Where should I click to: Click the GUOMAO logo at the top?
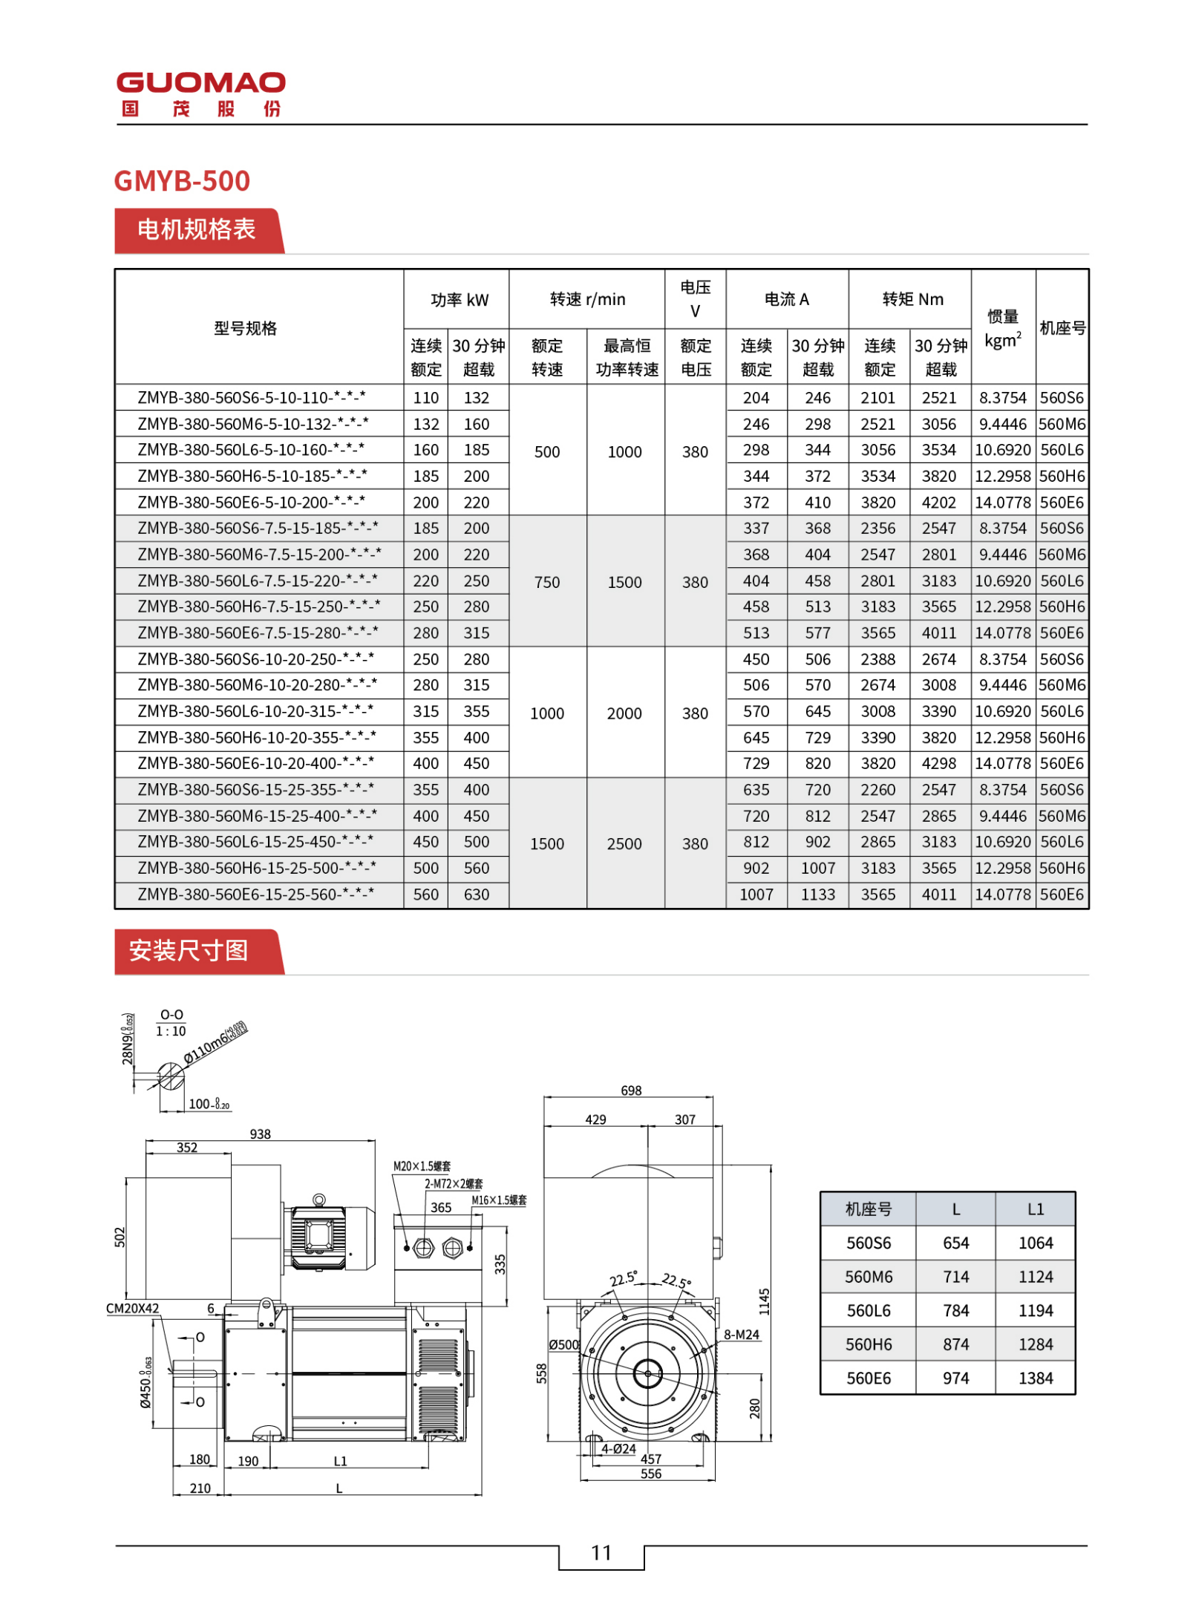pos(200,94)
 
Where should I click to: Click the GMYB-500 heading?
pos(182,180)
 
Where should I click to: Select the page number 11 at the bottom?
pos(601,1551)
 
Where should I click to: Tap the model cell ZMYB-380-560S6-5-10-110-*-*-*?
pos(251,397)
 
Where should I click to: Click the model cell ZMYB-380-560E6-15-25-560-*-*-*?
pos(255,894)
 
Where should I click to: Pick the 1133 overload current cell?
pos(817,894)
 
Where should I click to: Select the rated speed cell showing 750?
pos(546,582)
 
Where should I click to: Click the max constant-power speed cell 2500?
pos(624,843)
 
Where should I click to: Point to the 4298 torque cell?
pos(938,763)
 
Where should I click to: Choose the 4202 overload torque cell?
pos(938,503)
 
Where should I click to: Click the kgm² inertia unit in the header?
pos(1002,341)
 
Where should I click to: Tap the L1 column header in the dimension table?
pos(1035,1209)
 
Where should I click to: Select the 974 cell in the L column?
pos(955,1378)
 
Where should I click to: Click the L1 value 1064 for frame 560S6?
pos(1035,1243)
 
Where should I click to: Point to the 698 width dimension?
pos(631,1090)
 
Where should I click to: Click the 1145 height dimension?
pos(764,1301)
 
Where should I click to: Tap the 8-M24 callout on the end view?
pos(742,1335)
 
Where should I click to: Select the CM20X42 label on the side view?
pos(132,1308)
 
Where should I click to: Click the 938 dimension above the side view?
pos(260,1134)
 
